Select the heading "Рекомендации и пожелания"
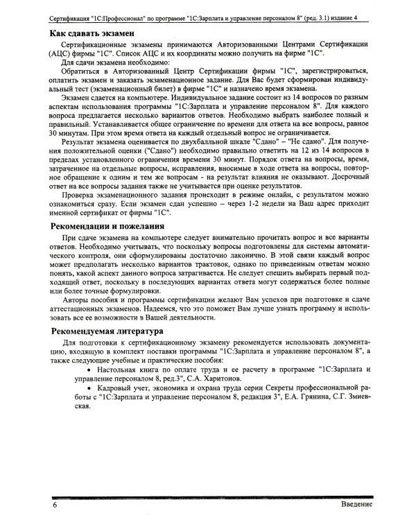109,226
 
